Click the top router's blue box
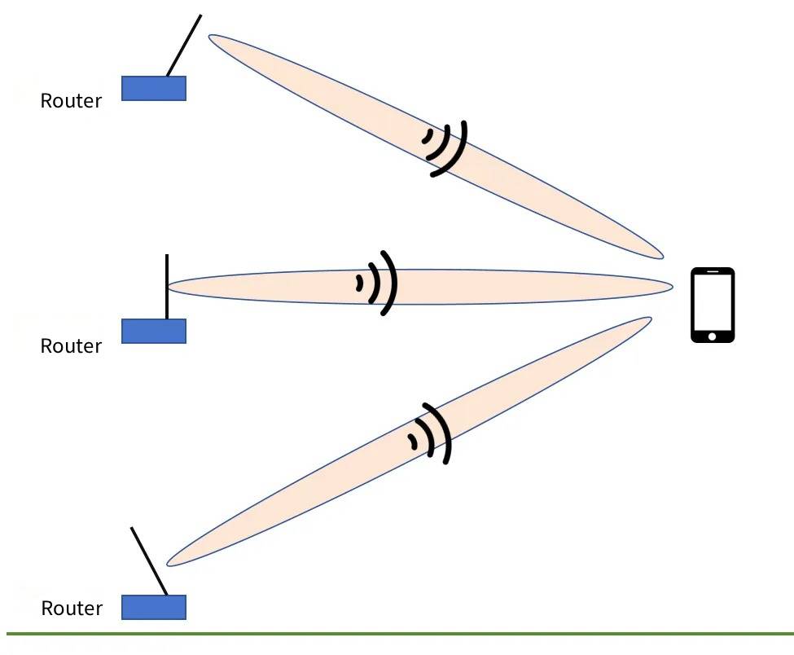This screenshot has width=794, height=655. point(154,88)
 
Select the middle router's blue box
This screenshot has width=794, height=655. point(154,331)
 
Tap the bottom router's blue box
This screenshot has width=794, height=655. point(154,607)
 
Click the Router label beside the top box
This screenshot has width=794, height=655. point(71,101)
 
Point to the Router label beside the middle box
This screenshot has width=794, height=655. point(71,346)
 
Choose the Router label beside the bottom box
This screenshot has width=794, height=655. point(72,608)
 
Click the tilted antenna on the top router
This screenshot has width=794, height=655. point(184,46)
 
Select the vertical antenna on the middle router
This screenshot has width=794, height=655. point(167,287)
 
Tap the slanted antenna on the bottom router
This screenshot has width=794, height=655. point(149,561)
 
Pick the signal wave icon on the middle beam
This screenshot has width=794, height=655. point(378,283)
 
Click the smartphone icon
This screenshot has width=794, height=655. point(713,305)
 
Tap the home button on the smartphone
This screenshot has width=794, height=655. point(713,336)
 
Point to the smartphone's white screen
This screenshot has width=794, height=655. point(713,302)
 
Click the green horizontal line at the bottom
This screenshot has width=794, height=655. point(400,634)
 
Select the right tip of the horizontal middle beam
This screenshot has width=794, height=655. point(673,287)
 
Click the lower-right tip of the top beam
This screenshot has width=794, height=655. point(663,258)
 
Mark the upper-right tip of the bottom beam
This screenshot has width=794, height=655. point(651,318)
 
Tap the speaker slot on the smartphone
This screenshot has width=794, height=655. point(713,271)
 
